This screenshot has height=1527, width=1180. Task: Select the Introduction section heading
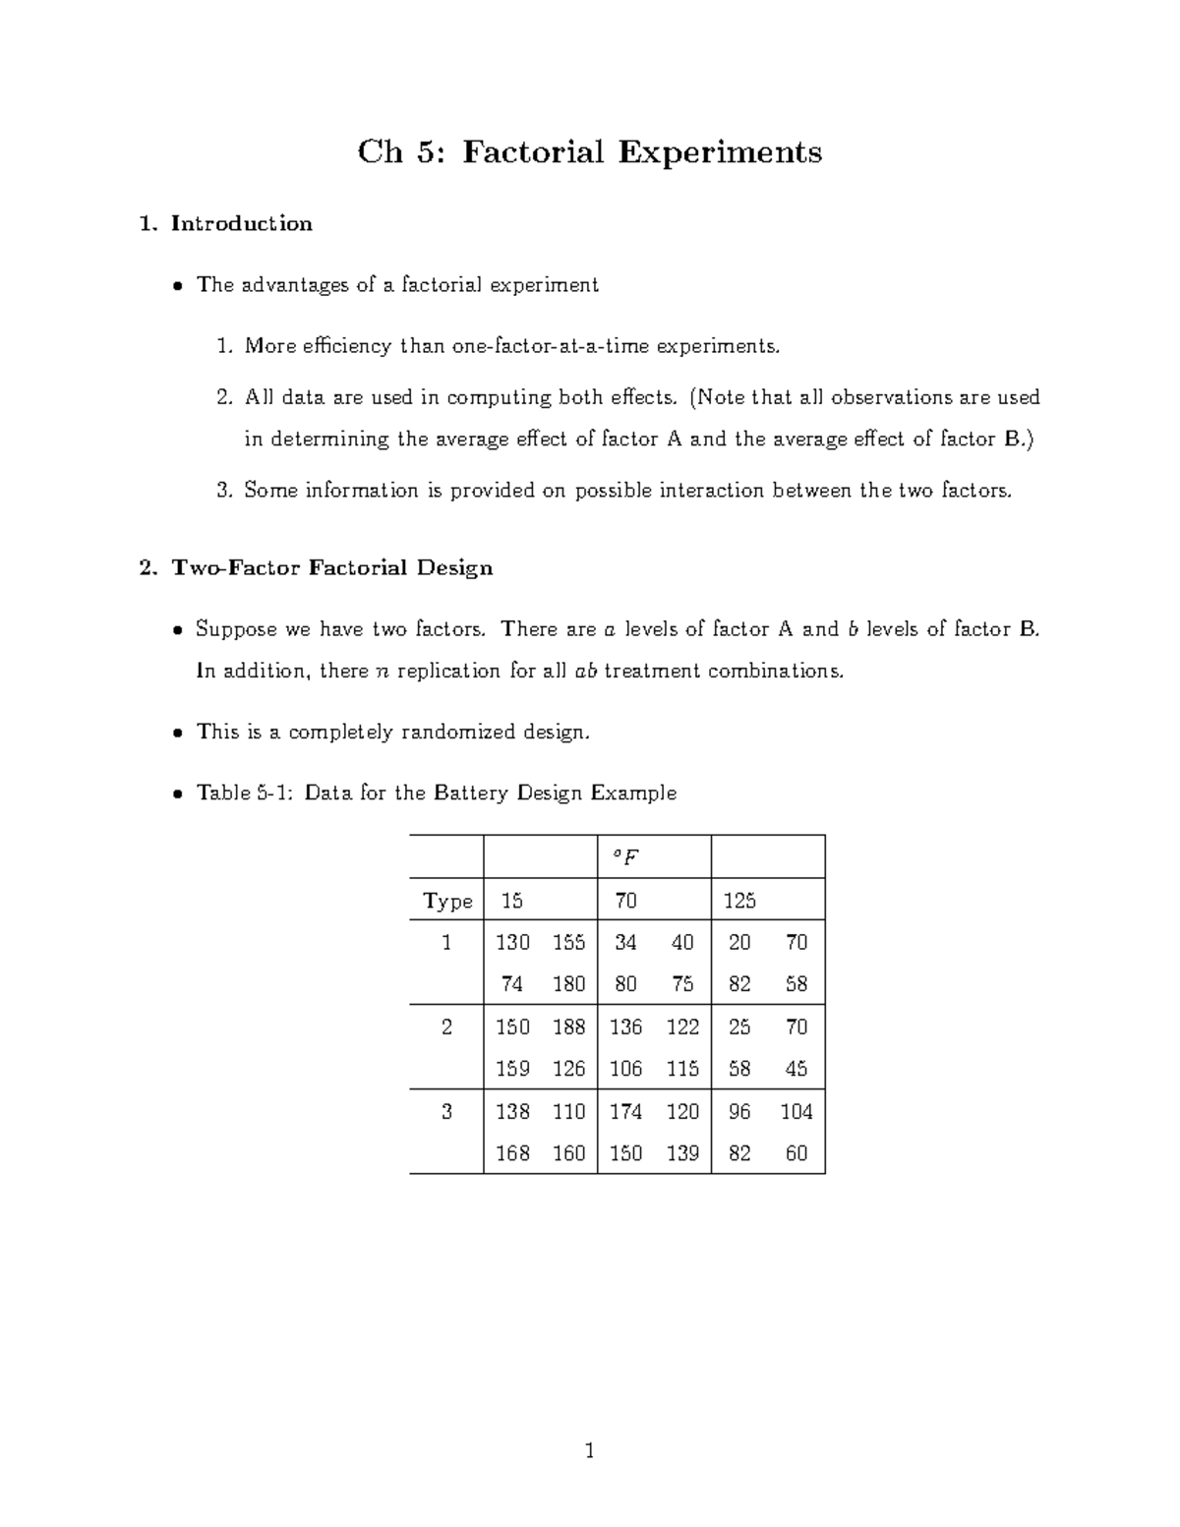241,224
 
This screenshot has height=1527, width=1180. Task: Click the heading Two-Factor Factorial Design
331,568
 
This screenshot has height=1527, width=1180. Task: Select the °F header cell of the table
625,857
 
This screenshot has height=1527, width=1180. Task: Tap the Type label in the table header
447,901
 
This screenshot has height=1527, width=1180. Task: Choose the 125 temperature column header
739,901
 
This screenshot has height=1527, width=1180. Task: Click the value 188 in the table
568,1028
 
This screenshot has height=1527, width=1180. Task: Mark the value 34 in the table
625,943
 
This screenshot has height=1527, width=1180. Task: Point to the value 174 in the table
625,1112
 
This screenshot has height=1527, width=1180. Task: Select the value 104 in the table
796,1112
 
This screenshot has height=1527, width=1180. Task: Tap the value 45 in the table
796,1069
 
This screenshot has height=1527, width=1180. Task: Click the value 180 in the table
568,984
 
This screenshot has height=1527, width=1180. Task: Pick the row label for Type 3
447,1112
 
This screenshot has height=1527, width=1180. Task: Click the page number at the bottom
590,1450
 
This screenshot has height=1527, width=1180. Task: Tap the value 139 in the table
682,1153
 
